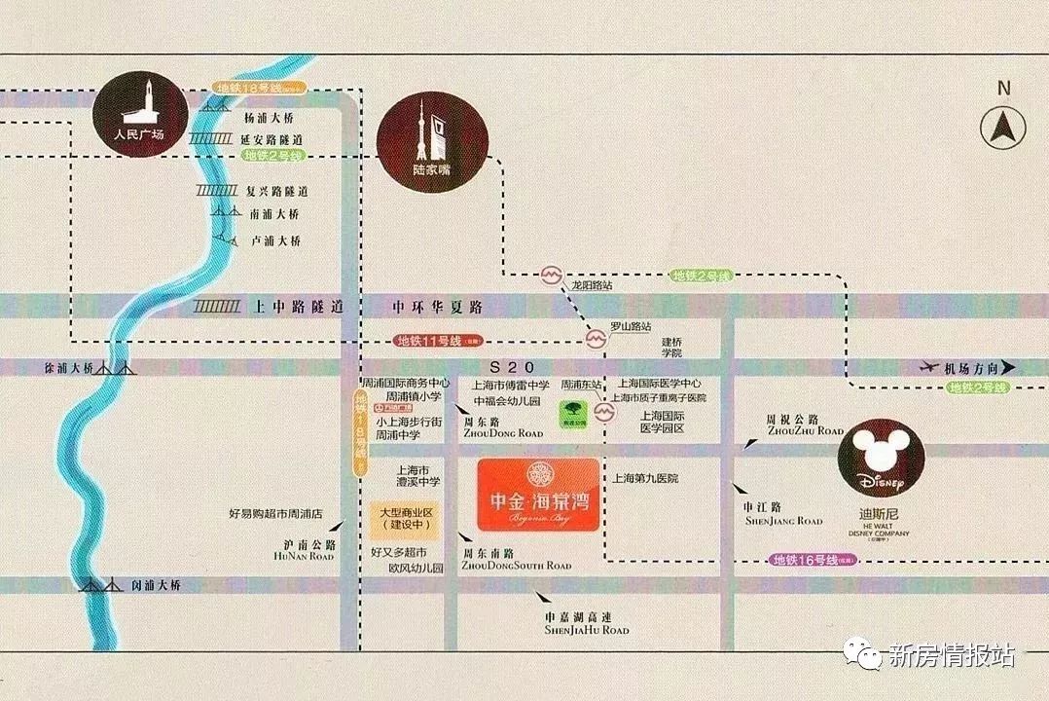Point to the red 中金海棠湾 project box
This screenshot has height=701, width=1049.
point(538,495)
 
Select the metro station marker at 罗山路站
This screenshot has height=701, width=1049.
point(594,339)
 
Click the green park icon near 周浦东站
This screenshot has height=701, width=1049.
point(570,414)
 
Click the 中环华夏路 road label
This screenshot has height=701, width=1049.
point(438,307)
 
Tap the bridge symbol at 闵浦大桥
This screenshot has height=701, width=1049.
point(94,586)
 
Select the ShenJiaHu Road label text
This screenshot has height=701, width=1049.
point(588,630)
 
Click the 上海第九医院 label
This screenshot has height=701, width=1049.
point(645,479)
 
